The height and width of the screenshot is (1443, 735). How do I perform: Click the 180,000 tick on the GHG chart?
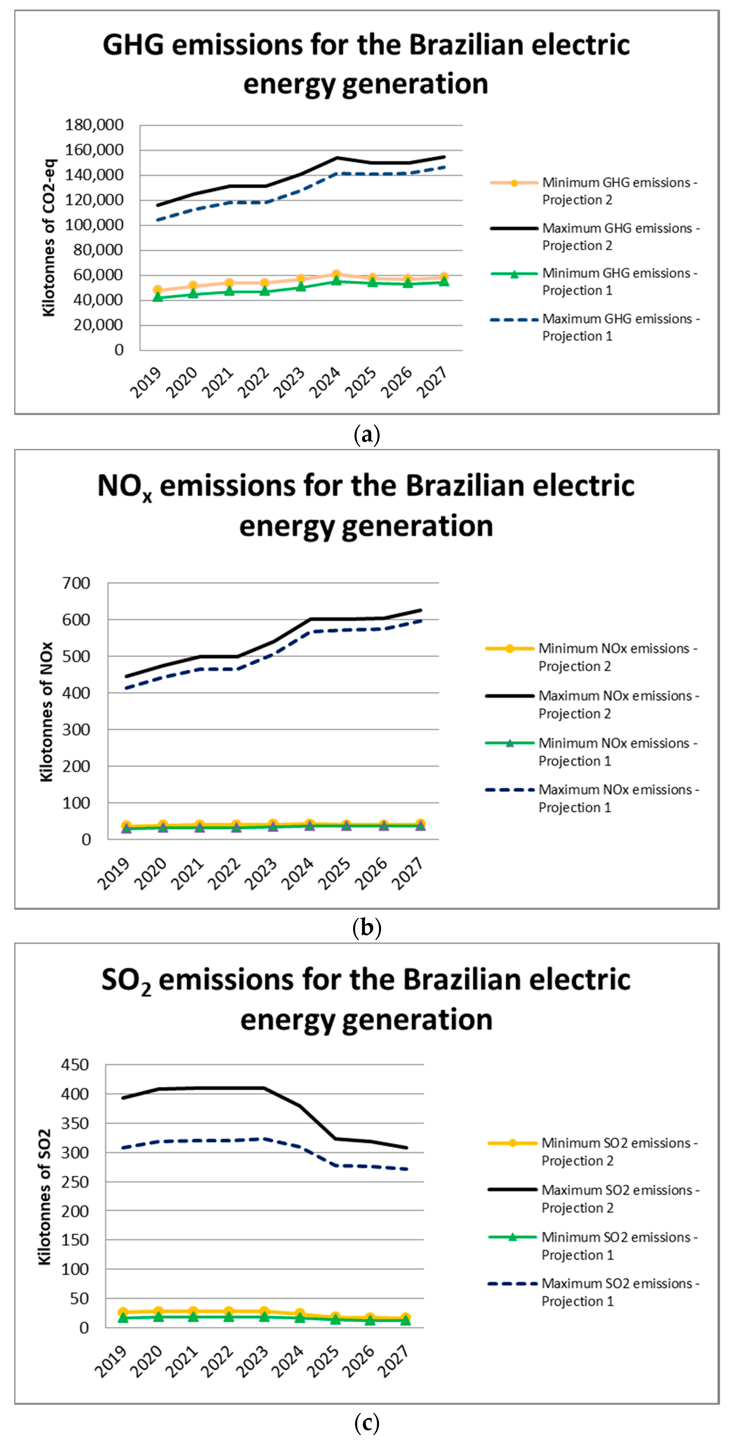[x=94, y=125]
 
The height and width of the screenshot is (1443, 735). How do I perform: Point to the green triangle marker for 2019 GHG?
[x=158, y=297]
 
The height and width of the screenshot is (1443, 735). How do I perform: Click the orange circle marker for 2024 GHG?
[x=336, y=274]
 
